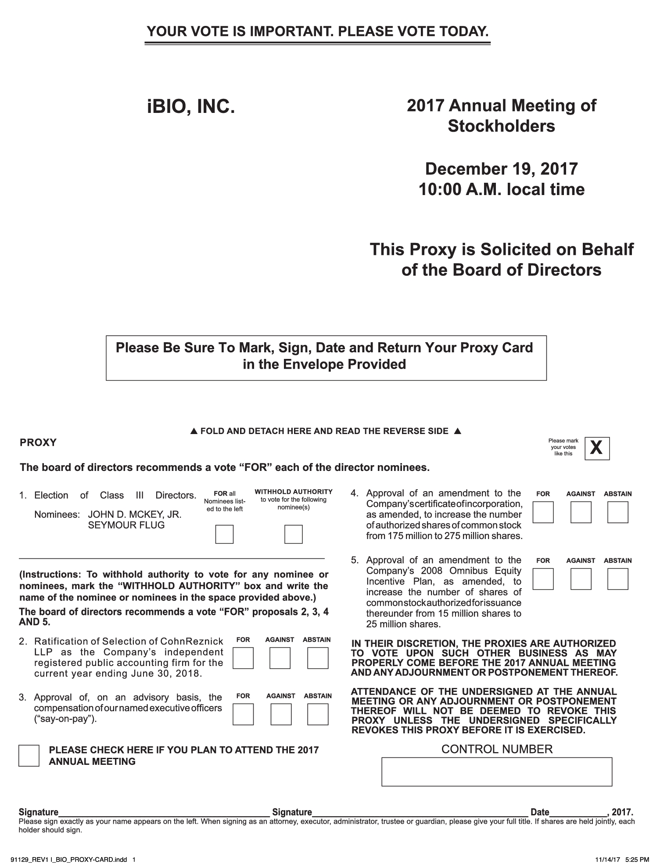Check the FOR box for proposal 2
point(243,658)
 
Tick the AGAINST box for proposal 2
point(280,658)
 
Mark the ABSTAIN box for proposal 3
point(318,714)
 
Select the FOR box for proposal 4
point(543,512)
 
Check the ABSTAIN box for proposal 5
point(618,579)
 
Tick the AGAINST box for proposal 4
point(581,512)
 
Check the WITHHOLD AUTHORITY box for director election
point(293,534)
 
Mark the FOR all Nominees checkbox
point(224,534)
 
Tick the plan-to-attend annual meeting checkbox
point(29,756)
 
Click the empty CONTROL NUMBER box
point(496,772)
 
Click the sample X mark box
point(597,448)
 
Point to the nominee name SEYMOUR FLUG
point(126,525)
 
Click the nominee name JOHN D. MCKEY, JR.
point(135,514)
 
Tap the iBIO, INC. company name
point(191,107)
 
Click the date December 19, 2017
point(501,169)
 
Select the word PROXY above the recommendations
point(38,443)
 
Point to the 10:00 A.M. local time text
point(501,189)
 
